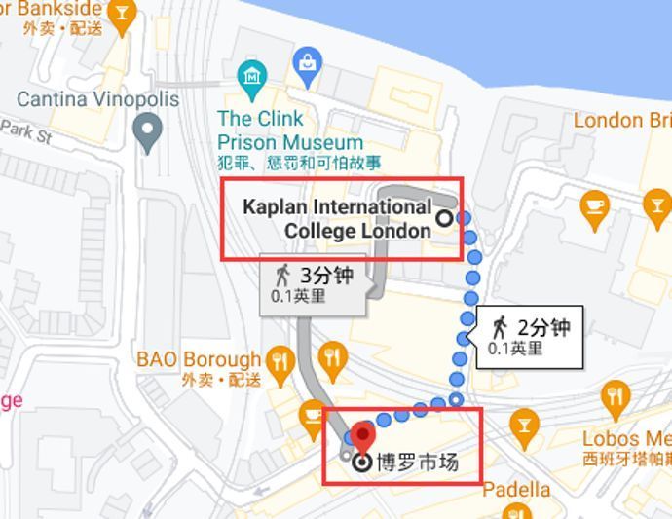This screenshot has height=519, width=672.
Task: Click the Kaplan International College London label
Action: click(337, 219)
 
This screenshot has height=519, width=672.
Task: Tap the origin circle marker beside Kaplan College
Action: click(445, 218)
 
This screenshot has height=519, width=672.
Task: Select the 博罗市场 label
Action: click(418, 463)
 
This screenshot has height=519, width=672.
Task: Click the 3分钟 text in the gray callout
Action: click(326, 275)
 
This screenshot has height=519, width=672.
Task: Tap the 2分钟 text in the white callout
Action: click(543, 327)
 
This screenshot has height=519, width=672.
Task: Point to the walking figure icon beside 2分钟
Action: click(500, 327)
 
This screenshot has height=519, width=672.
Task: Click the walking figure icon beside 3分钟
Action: click(283, 275)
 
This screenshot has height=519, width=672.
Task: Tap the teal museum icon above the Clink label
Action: click(253, 74)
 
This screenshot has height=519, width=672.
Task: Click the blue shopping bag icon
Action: click(308, 62)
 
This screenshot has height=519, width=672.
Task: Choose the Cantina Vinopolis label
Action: click(98, 99)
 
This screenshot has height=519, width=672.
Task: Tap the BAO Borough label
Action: click(198, 359)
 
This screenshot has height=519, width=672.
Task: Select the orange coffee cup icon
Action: click(593, 206)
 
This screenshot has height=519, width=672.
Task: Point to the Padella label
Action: click(516, 489)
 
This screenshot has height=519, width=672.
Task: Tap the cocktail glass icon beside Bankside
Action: click(122, 13)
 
